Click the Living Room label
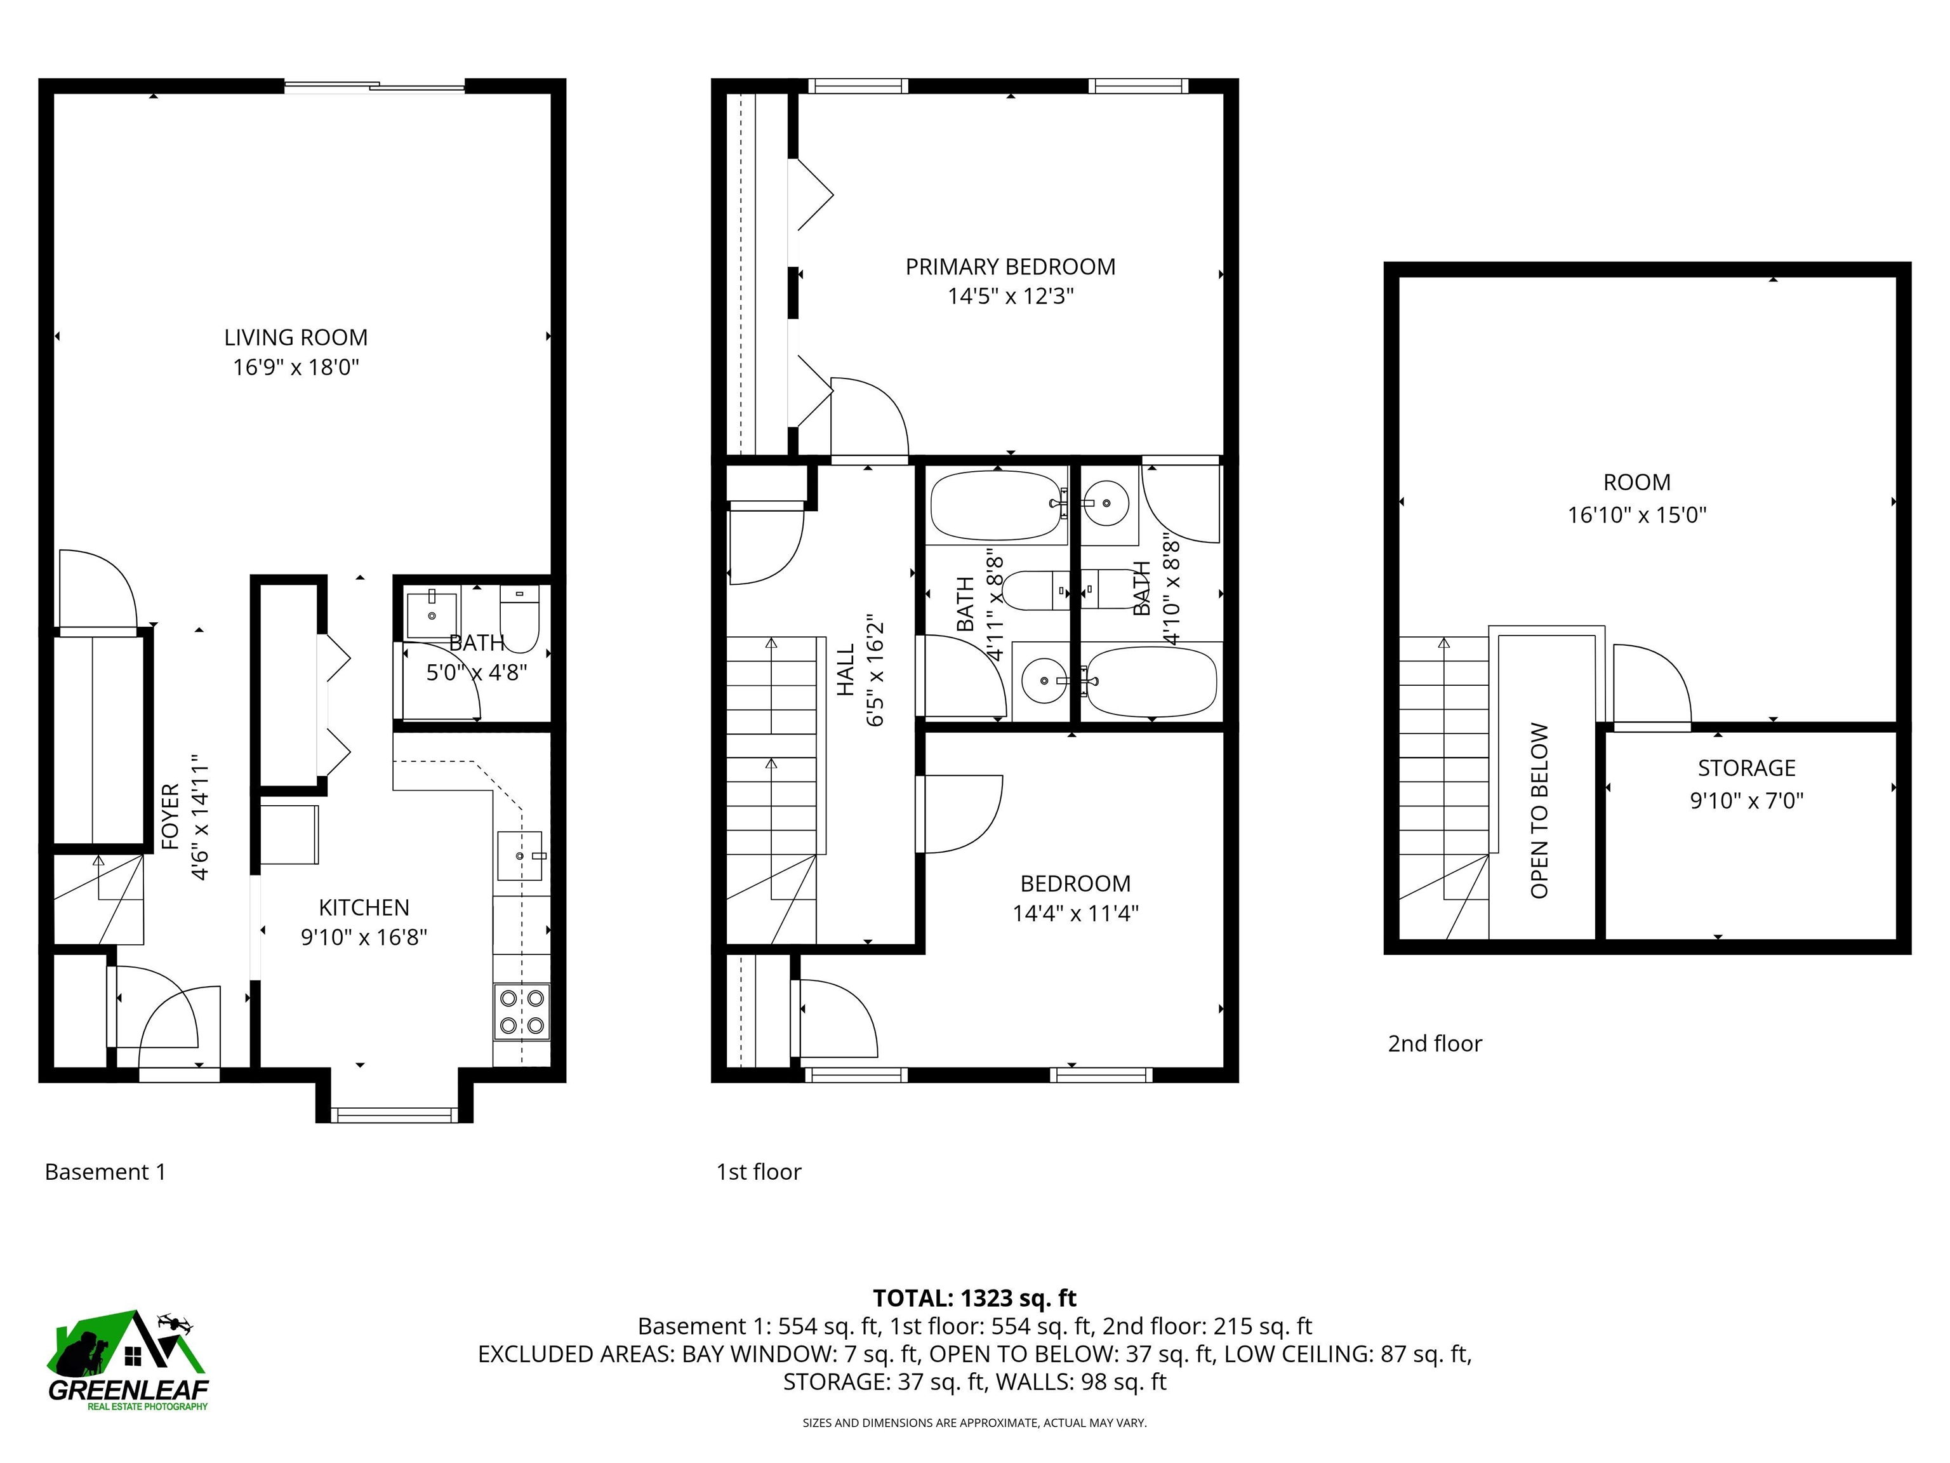click(x=295, y=337)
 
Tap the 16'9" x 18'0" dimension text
click(x=295, y=367)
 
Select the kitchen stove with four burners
click(x=521, y=1012)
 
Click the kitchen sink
click(x=519, y=855)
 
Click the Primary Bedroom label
click(x=1011, y=266)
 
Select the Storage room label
click(x=1746, y=768)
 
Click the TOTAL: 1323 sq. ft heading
click(x=974, y=1298)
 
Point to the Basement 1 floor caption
click(x=105, y=1172)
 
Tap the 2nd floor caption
click(x=1435, y=1043)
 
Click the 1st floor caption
click(x=758, y=1172)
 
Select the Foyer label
click(x=171, y=817)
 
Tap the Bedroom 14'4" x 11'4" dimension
click(x=1075, y=912)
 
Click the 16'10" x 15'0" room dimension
click(x=1636, y=515)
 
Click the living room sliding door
click(x=374, y=86)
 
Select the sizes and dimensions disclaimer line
click(x=974, y=1422)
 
